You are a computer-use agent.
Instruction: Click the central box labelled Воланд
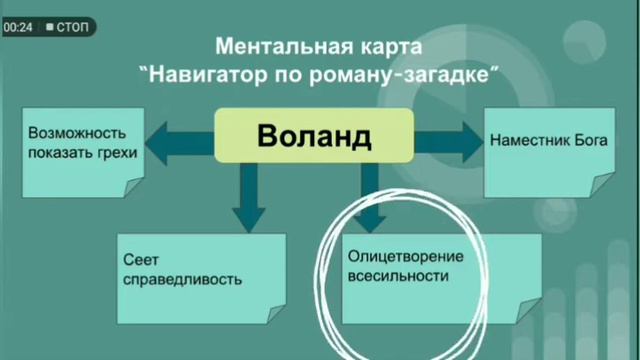coord(313,135)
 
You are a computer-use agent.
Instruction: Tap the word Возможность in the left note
coord(75,133)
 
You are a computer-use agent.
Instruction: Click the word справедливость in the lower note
coord(181,279)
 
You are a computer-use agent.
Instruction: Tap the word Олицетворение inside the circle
coord(405,256)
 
